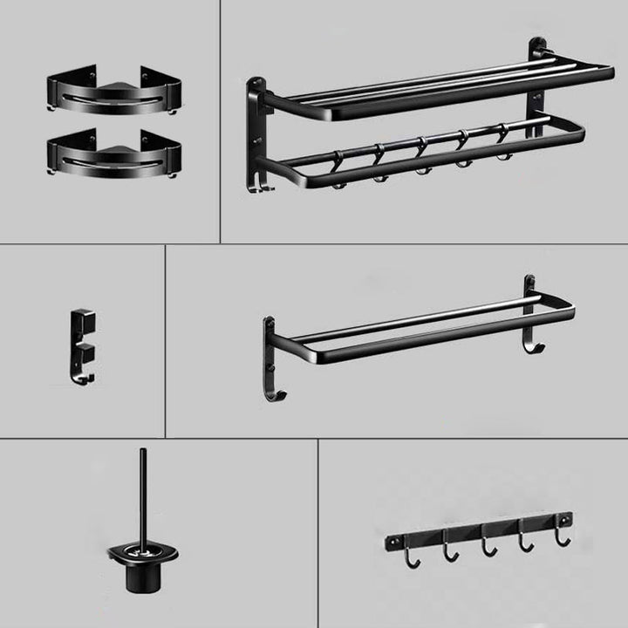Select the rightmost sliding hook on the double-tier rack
pos(502,146)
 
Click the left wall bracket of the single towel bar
pos(270,349)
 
